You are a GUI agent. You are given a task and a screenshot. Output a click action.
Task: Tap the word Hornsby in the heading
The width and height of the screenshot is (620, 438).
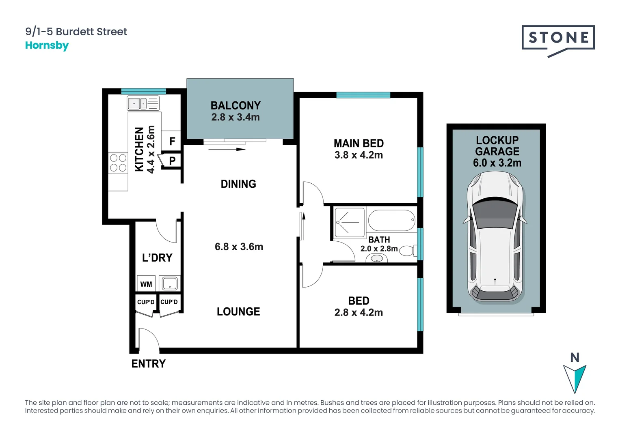tap(47, 45)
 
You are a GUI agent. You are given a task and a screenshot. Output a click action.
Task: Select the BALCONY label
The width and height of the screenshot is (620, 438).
tap(235, 105)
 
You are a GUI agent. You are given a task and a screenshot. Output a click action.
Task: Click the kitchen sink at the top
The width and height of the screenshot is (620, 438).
tap(143, 103)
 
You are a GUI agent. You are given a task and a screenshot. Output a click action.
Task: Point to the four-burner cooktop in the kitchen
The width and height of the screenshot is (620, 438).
tap(118, 163)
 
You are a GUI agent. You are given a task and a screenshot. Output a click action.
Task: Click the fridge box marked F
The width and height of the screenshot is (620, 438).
tap(172, 141)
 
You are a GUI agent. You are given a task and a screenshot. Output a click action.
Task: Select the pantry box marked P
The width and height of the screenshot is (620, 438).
tap(172, 161)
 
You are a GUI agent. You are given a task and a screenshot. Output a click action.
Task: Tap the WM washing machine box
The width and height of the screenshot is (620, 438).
tap(146, 284)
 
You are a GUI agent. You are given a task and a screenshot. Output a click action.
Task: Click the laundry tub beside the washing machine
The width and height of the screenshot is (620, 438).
tap(170, 283)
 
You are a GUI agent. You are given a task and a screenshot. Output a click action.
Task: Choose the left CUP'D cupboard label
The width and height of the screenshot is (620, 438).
tap(146, 302)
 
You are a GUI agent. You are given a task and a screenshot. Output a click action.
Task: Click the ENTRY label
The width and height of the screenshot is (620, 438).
tap(149, 364)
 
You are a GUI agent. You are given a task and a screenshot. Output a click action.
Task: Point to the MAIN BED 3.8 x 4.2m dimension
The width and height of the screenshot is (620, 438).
tap(359, 155)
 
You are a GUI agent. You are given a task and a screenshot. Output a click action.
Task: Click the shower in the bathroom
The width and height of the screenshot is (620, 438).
tap(349, 222)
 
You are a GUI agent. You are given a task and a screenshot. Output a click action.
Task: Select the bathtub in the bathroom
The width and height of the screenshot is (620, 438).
tap(391, 220)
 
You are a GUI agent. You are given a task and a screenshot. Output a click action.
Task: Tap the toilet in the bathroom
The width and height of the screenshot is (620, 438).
tap(408, 251)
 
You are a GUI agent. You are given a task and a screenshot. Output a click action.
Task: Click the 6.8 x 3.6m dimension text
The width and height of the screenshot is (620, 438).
tap(239, 247)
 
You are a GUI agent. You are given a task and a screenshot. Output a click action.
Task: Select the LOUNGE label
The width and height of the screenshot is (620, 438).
tap(238, 311)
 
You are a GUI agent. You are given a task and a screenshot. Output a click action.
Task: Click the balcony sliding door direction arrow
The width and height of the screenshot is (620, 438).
tap(227, 149)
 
